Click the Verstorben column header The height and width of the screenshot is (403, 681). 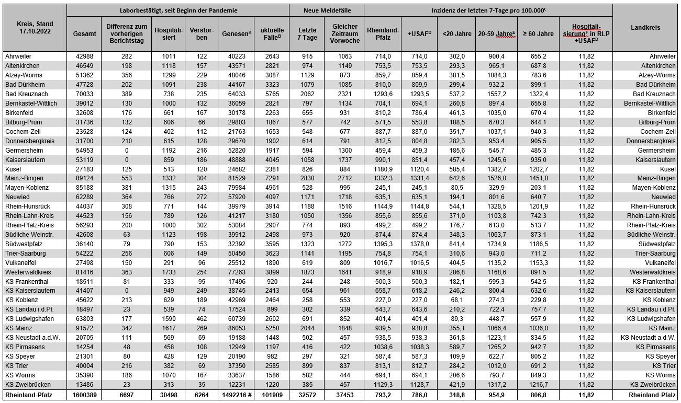point(202,33)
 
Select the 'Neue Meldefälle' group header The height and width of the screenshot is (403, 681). point(327,10)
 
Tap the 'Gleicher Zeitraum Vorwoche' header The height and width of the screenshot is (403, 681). point(344,33)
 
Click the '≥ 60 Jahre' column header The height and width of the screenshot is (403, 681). point(538,33)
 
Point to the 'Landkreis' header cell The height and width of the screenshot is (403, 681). point(645,28)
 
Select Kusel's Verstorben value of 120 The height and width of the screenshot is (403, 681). point(202,169)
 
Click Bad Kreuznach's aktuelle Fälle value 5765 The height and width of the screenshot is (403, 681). point(272,94)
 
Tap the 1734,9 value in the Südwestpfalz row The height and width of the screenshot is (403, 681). point(496,244)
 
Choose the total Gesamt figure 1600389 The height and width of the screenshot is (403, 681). point(84,395)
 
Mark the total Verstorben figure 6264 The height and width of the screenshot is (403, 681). point(202,395)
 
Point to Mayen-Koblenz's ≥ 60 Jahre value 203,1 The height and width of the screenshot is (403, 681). point(538,188)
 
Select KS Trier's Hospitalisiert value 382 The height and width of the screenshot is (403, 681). point(168,366)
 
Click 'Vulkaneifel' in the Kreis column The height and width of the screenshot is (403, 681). point(21,263)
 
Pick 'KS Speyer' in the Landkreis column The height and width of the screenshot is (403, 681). point(660,356)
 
